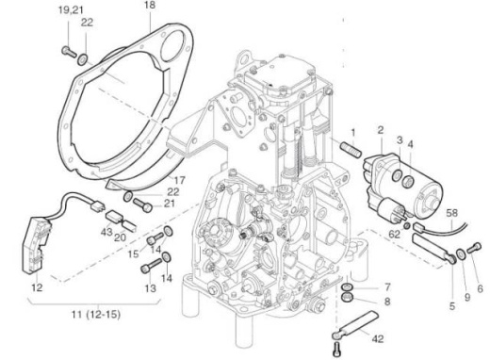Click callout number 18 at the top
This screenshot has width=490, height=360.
pyautogui.click(x=149, y=7)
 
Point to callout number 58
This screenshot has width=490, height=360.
pyautogui.click(x=452, y=216)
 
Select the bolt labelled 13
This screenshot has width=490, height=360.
pyautogui.click(x=148, y=269)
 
